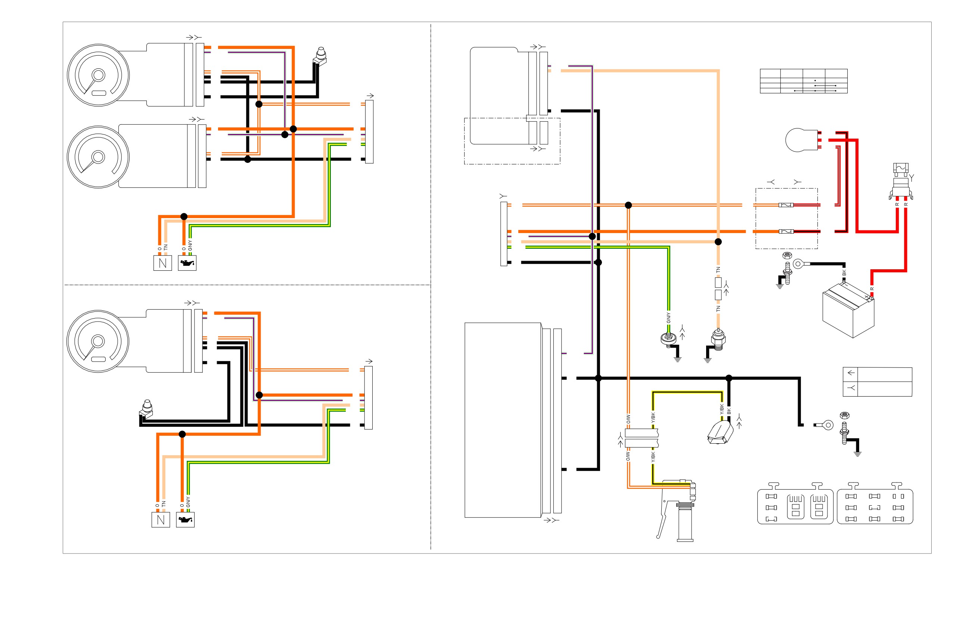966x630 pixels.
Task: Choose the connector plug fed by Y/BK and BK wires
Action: [720, 432]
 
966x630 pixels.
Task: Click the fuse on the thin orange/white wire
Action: [786, 205]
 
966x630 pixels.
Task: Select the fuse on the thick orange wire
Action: [786, 232]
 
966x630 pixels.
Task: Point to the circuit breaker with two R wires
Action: [901, 181]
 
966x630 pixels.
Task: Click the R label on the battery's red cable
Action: [872, 289]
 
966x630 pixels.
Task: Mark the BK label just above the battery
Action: [844, 273]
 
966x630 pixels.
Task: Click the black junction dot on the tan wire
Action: [718, 242]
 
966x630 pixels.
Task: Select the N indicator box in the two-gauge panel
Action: [163, 263]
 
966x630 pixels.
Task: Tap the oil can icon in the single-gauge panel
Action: [185, 520]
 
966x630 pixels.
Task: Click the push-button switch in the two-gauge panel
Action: [320, 57]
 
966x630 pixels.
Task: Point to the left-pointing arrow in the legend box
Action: [851, 373]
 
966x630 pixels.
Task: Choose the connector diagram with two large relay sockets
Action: [795, 503]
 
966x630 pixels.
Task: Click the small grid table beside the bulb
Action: [804, 81]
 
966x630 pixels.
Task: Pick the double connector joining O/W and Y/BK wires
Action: [641, 438]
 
